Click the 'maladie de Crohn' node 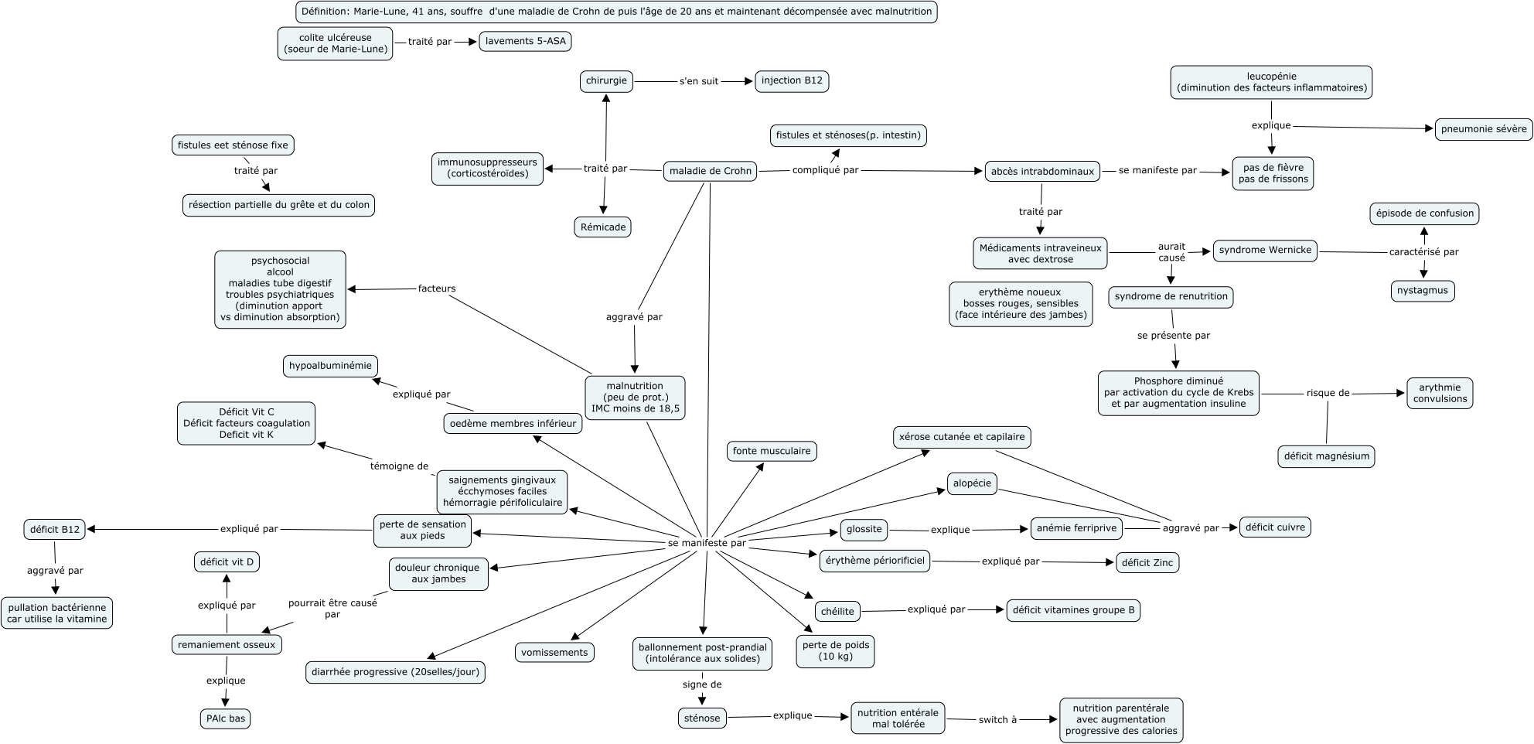710,171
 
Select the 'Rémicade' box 603,227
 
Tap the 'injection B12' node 792,80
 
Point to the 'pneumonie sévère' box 1484,129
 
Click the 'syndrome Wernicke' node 1265,250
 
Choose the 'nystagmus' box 1423,291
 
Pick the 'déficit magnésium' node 1326,456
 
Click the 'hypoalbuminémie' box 329,365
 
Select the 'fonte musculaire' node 772,451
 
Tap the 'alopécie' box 972,483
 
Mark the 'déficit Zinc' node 1147,562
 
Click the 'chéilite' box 837,611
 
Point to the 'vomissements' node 554,652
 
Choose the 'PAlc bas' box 225,718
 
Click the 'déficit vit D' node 227,561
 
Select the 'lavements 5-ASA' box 525,41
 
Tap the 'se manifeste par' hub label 707,543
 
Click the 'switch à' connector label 993,719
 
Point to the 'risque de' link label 1328,393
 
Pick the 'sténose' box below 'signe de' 701,718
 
